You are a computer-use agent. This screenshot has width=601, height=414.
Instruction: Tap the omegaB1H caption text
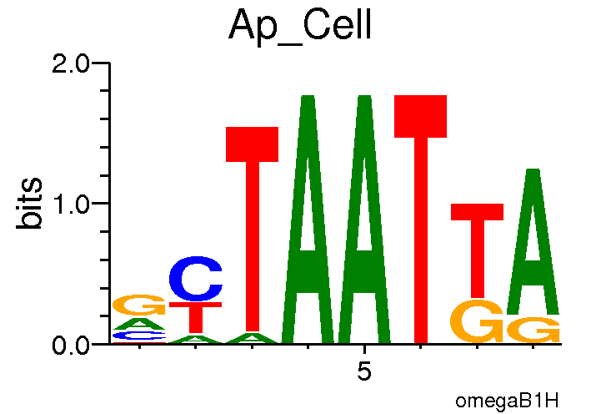506,401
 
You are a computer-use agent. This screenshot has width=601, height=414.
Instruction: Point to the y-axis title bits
31,204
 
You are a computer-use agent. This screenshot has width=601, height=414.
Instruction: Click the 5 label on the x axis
364,371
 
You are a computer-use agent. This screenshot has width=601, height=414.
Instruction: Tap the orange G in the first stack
139,305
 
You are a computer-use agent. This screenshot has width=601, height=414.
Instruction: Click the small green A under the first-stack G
139,324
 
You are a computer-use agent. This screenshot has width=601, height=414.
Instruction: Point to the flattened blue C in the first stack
139,336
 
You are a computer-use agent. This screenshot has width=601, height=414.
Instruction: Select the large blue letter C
196,280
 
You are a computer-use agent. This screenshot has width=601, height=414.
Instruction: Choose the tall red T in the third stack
252,225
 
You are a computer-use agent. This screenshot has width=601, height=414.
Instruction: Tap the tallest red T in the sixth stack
421,217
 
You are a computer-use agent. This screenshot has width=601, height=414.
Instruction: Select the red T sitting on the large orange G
477,246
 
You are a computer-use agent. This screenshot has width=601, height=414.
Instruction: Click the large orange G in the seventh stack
477,321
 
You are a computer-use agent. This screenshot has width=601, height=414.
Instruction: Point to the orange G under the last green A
533,330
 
